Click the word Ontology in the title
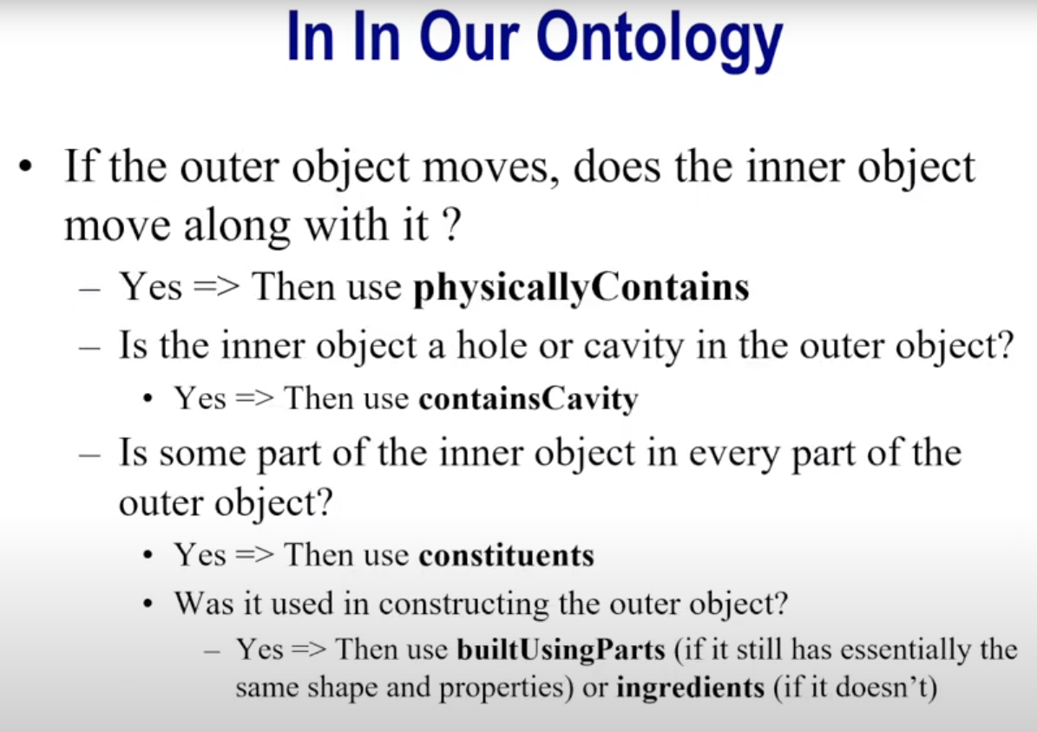pos(660,41)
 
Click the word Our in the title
pos(469,37)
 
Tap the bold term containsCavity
pos(528,399)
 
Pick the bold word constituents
pos(507,555)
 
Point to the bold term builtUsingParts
pos(561,650)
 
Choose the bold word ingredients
pos(690,688)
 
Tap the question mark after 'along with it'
pos(450,225)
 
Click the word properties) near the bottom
pos(505,689)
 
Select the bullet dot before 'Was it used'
pos(148,603)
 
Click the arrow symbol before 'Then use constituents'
pos(254,554)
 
